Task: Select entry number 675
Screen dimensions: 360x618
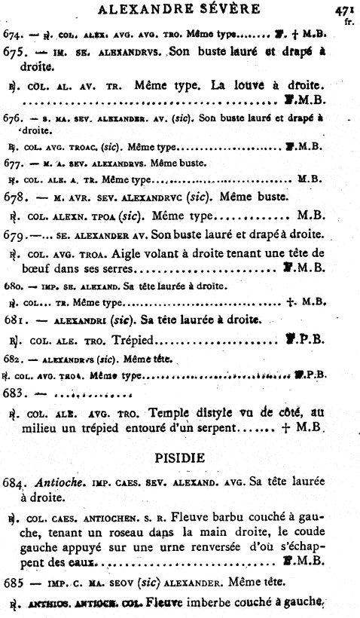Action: tap(16, 55)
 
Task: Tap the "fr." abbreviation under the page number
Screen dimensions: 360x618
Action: tap(348, 22)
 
